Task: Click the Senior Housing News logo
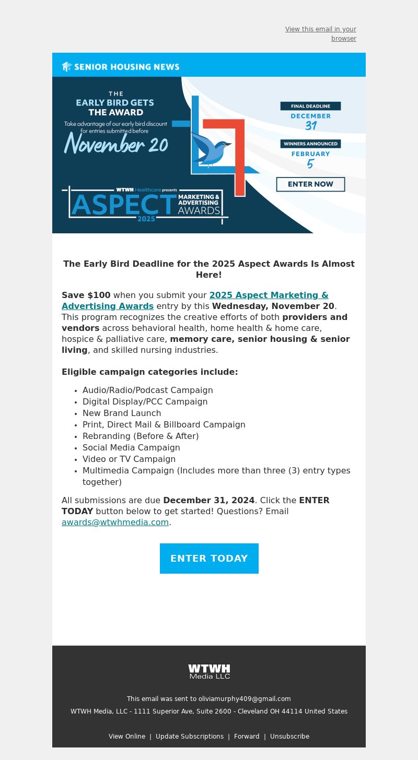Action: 121,66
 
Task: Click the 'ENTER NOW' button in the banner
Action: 310,184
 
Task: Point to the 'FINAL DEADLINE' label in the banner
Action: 310,106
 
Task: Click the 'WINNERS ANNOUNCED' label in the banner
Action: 310,144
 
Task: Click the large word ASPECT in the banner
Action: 124,205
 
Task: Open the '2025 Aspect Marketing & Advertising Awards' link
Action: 269,295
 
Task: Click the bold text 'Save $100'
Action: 86,295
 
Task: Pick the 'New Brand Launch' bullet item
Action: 122,413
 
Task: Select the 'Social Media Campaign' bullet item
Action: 131,447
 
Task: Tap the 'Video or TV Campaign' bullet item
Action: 129,459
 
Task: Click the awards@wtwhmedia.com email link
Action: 115,522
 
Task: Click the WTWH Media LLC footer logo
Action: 209,671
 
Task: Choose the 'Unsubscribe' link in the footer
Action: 289,736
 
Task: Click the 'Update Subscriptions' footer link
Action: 190,736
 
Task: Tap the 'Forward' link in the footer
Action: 247,736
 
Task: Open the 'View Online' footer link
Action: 127,736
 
